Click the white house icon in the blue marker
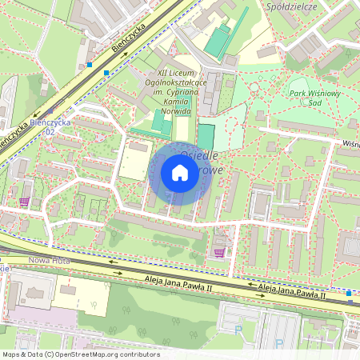click(180, 173)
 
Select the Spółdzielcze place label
click(294, 6)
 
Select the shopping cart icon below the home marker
click(219, 254)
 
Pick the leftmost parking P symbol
click(238, 328)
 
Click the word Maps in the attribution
click(12, 354)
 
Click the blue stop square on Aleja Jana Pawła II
click(350, 293)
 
